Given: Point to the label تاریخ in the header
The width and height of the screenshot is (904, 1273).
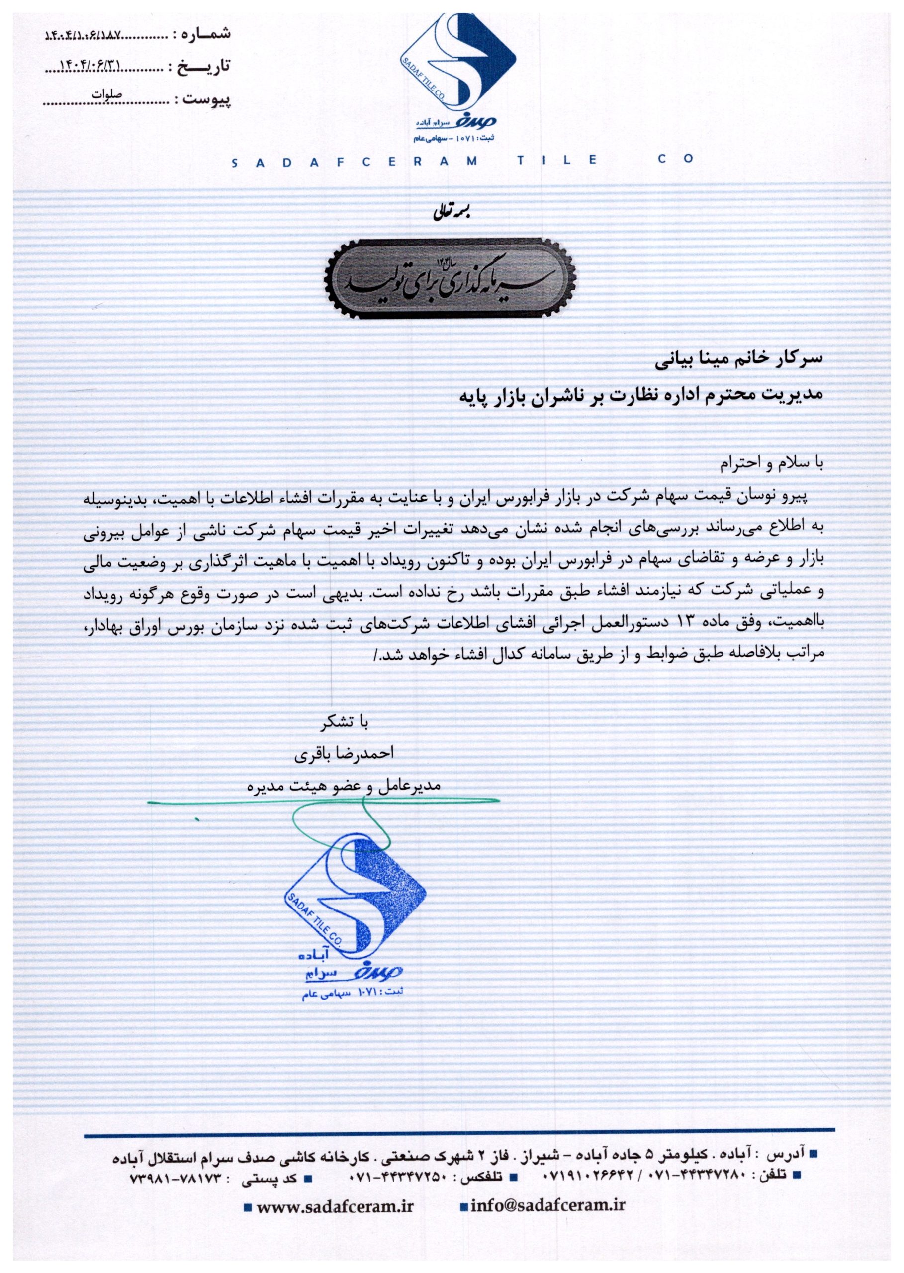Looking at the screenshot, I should [207, 67].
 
